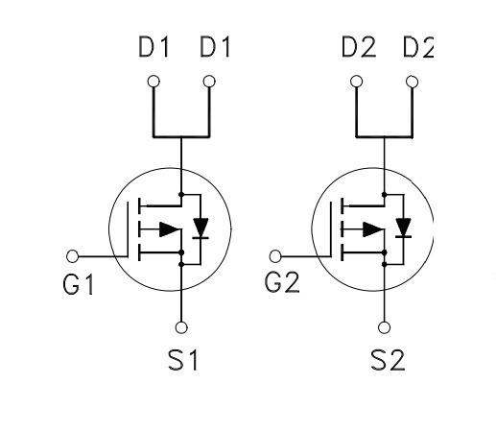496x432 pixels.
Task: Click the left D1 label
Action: pyautogui.click(x=154, y=47)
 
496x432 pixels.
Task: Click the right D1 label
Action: pyautogui.click(x=215, y=47)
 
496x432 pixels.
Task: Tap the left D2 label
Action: pyautogui.click(x=359, y=47)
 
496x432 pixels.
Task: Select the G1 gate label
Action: pyautogui.click(x=79, y=284)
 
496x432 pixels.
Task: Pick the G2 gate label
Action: pyautogui.click(x=282, y=282)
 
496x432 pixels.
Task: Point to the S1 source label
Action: pyautogui.click(x=183, y=360)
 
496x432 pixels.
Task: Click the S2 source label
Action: pyautogui.click(x=388, y=360)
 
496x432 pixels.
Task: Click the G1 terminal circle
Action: pyautogui.click(x=72, y=256)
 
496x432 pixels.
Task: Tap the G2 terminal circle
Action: pyautogui.click(x=275, y=256)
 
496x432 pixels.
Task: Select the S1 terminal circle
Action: pyautogui.click(x=181, y=327)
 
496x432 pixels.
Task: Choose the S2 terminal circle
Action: pyautogui.click(x=384, y=327)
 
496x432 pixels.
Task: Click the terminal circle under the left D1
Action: pyautogui.click(x=154, y=82)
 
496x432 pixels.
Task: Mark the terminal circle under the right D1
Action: pyautogui.click(x=209, y=82)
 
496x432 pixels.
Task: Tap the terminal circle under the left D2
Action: pyautogui.click(x=356, y=82)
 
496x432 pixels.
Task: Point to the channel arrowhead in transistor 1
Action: pyautogui.click(x=170, y=229)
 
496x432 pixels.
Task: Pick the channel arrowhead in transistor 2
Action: pyautogui.click(x=373, y=229)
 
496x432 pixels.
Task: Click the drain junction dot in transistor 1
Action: pyautogui.click(x=181, y=194)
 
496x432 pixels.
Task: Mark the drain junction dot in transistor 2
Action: pyautogui.click(x=385, y=194)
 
